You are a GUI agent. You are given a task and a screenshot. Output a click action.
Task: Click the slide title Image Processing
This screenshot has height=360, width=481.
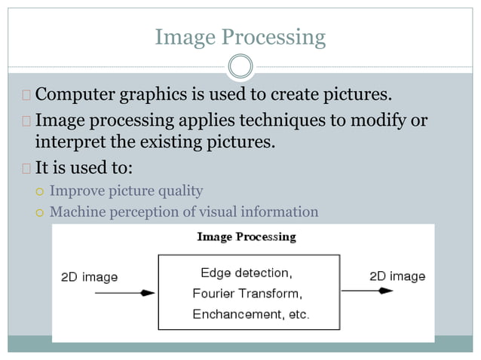click(240, 37)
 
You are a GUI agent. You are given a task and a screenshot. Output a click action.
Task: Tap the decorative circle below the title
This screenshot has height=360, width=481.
click(240, 68)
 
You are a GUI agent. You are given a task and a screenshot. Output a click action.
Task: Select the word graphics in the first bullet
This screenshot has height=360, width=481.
click(154, 96)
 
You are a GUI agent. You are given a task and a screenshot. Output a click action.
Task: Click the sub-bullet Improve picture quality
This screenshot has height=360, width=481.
click(126, 191)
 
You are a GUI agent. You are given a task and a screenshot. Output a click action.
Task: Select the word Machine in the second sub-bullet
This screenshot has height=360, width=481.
click(78, 212)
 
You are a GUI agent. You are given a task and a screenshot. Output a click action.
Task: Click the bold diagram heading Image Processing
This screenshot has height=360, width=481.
click(246, 237)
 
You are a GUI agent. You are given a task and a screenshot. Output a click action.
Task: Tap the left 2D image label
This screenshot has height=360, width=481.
click(89, 277)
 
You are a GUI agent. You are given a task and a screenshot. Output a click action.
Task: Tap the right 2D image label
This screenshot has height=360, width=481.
click(397, 276)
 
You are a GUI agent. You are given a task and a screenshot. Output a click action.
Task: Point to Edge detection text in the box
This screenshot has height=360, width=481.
click(246, 272)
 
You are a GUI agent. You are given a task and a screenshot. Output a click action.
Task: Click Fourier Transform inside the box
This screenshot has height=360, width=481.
click(247, 293)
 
